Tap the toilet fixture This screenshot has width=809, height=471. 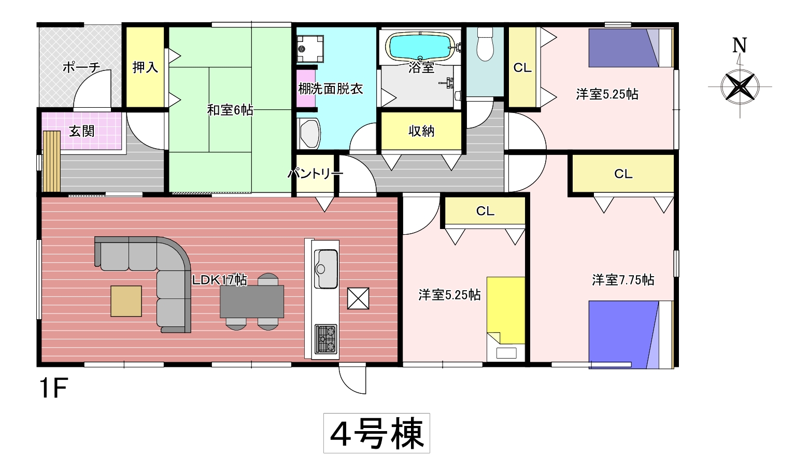(485, 44)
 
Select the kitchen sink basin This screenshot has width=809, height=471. (326, 269)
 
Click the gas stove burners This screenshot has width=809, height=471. (326, 339)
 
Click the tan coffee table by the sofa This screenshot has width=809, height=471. (126, 301)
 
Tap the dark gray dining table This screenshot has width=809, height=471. (252, 301)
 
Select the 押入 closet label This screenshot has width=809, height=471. (145, 67)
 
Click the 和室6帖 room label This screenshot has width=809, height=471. (230, 110)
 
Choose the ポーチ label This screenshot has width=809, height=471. (81, 67)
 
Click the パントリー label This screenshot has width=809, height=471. (315, 174)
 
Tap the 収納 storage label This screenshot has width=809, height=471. (421, 131)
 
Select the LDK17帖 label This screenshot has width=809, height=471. (220, 280)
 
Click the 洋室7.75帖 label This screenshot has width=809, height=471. (623, 280)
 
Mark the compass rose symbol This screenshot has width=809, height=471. (740, 87)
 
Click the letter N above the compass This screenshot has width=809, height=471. (740, 45)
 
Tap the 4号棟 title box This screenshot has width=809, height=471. (377, 433)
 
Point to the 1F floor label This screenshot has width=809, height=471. (54, 388)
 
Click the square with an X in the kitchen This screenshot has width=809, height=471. (358, 298)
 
